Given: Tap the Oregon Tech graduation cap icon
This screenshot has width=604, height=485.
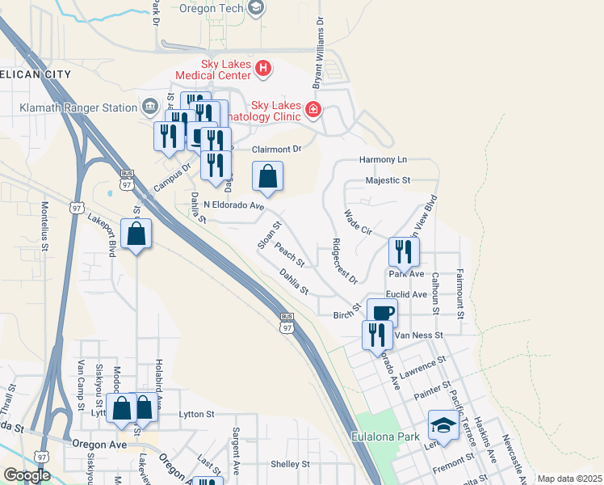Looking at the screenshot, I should click(x=256, y=8).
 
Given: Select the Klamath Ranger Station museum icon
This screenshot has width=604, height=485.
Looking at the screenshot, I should click(x=150, y=107).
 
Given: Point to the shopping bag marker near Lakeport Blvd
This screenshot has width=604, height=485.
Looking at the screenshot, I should click(x=136, y=235).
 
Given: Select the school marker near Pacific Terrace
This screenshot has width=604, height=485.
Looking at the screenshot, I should click(x=443, y=426).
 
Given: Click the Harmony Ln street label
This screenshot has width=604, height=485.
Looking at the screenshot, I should click(x=384, y=160).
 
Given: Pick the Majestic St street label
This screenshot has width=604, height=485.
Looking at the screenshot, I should click(x=388, y=180).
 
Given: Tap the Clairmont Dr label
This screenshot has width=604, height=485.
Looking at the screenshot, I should click(x=276, y=149).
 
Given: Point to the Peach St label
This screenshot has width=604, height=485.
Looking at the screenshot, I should click(x=289, y=255).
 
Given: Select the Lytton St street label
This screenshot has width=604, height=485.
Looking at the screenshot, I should click(x=196, y=414).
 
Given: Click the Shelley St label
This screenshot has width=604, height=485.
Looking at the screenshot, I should click(x=290, y=464).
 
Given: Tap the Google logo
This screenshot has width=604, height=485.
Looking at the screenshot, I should click(x=27, y=475).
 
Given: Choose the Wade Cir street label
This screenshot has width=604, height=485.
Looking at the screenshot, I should click(x=358, y=222).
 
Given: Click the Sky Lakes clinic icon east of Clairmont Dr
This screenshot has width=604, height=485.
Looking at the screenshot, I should click(x=312, y=109).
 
